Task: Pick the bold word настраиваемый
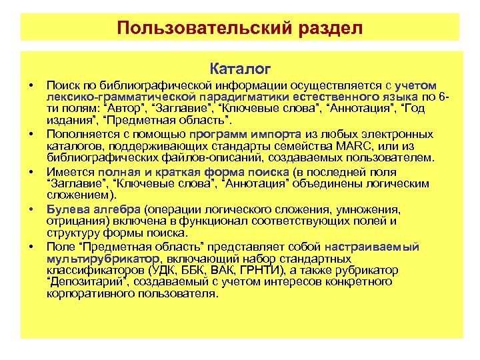(x=378, y=247)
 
